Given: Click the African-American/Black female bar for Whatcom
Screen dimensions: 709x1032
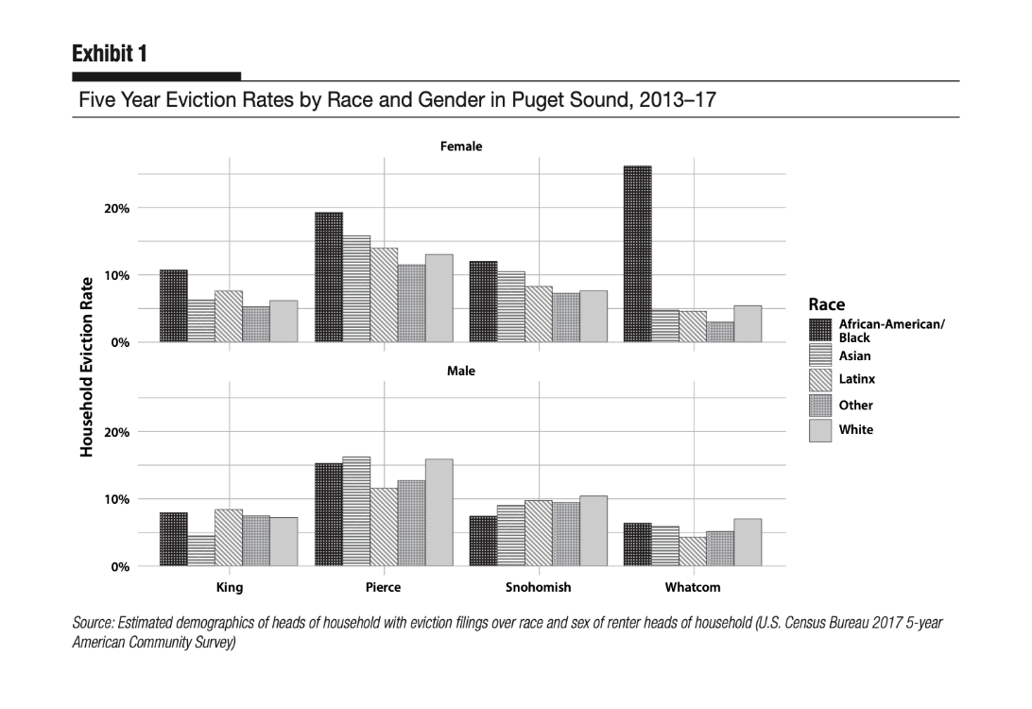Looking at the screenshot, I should coord(637,253).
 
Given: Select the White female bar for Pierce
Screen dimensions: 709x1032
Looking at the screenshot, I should coord(439,298).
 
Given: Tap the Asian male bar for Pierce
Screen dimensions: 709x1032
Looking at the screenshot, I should coord(356,511).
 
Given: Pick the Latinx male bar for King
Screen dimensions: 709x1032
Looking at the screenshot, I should coord(229,538).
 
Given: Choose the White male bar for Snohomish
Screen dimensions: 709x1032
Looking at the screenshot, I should coord(593,530).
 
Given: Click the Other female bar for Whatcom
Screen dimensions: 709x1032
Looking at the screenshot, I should coord(719,332).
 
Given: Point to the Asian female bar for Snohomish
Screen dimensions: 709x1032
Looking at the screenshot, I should coord(511,306).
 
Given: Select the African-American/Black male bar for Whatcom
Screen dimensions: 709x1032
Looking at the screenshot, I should coord(637,545).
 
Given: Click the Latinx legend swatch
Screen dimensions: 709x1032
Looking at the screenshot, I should coord(821,380).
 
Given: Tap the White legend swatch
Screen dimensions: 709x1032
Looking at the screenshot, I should coord(821,430).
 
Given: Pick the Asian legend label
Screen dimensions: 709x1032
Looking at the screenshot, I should coord(855,356).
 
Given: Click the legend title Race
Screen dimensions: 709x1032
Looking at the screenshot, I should coord(826,304).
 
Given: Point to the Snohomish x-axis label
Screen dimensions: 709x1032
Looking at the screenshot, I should coord(538,587).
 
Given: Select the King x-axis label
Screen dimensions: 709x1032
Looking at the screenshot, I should coord(230,587).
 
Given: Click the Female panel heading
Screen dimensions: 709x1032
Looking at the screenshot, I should coord(461,147).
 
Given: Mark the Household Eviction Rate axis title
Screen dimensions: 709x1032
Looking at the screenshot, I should coord(88,367).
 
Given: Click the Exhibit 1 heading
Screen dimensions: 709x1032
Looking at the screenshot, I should coord(109,53).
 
